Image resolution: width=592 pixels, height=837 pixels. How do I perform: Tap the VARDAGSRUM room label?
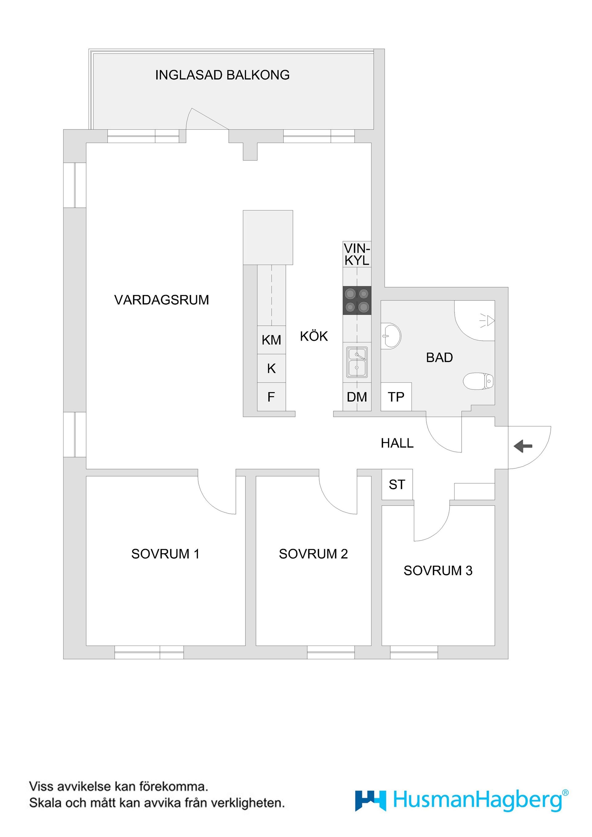tap(162, 300)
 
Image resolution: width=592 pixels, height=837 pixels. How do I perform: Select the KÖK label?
tap(314, 336)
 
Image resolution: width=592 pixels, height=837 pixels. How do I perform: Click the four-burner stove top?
tap(357, 301)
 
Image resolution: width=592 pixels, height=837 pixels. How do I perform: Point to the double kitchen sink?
tap(357, 362)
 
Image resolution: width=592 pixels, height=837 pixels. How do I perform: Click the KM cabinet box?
tap(271, 340)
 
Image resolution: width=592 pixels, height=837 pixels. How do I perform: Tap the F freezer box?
tap(271, 397)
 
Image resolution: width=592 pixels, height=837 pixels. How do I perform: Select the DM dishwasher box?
tap(357, 397)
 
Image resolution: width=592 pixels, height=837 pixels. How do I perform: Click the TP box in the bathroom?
tap(396, 397)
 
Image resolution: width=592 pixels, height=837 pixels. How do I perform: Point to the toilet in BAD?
tap(479, 381)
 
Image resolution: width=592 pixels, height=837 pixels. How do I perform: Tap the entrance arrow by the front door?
tap(523, 446)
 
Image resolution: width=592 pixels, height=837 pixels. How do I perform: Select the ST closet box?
tap(397, 484)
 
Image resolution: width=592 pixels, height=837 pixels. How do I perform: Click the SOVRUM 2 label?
tap(313, 554)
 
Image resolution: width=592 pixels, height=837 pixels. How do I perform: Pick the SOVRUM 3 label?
tap(438, 570)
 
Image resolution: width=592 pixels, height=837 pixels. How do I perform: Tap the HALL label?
tap(397, 443)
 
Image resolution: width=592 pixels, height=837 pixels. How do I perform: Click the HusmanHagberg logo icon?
tap(370, 811)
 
